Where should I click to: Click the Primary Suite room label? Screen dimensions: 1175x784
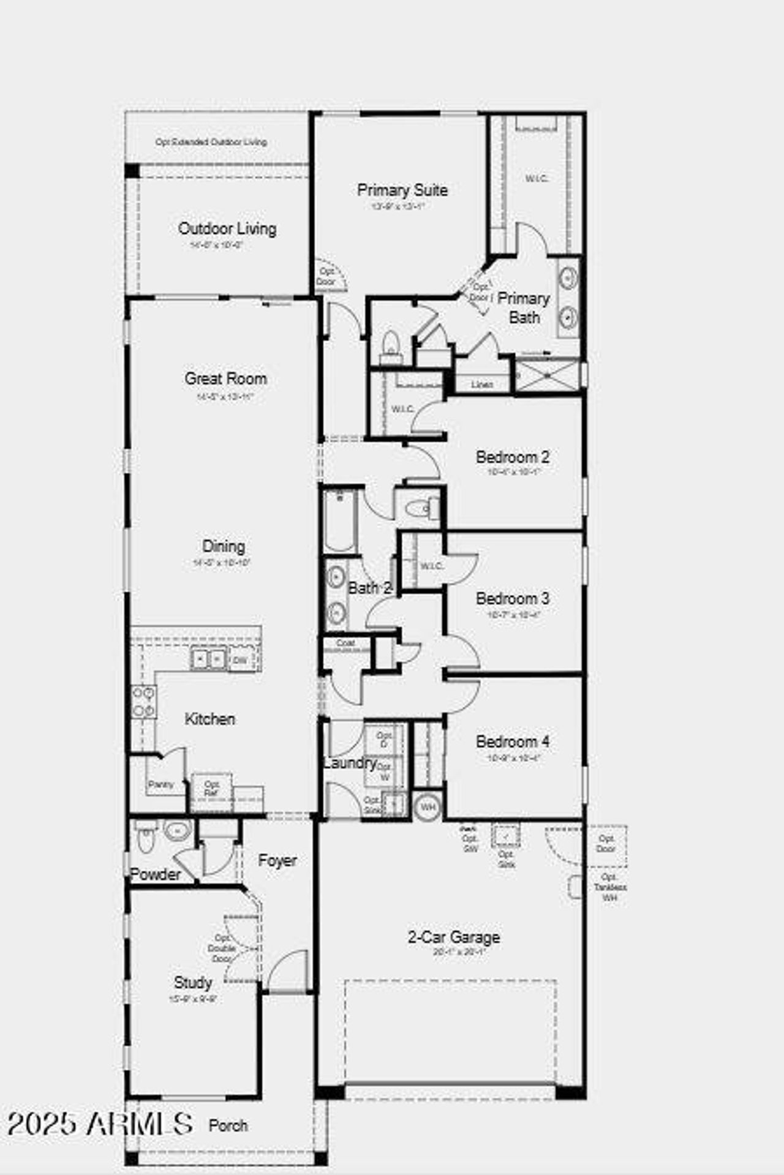[x=402, y=190]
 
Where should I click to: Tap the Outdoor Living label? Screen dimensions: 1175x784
[x=227, y=229]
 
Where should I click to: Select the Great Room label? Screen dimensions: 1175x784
[x=225, y=379]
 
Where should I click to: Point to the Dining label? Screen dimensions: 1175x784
[x=224, y=547]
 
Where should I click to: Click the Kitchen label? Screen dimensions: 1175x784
[x=209, y=719]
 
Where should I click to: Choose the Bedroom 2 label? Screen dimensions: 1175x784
[x=512, y=457]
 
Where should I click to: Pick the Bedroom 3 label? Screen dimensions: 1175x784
[x=512, y=599]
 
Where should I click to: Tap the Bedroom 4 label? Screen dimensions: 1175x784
[x=512, y=742]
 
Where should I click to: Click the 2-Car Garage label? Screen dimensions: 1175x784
[x=453, y=937]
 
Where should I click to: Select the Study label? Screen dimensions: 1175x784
[x=193, y=983]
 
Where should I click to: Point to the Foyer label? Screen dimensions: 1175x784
[x=277, y=861]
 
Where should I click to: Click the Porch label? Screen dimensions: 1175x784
[x=228, y=1125]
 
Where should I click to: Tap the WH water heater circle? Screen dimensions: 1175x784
[x=428, y=807]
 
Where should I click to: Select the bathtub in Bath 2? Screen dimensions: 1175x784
[x=340, y=520]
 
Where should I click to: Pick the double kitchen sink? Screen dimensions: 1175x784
[x=208, y=659]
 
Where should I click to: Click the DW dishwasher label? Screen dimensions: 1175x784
[x=240, y=661]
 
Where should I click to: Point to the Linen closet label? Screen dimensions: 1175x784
[x=482, y=385]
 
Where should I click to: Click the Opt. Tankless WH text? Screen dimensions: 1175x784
[x=609, y=887]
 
